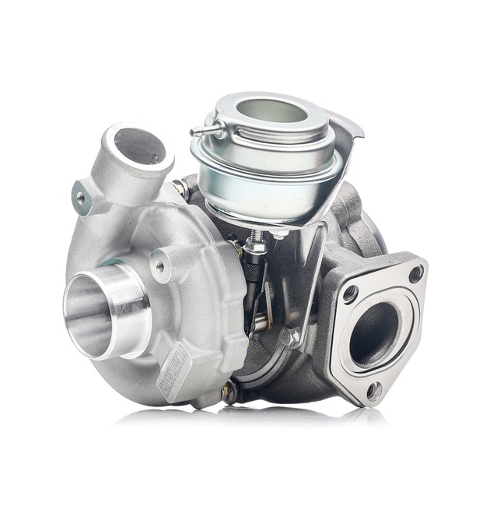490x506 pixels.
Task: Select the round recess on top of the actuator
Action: pos(271,111)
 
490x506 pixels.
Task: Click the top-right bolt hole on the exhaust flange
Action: pos(415,273)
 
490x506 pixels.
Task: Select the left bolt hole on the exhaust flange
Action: pos(350,293)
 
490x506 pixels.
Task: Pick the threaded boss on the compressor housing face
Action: pos(160,265)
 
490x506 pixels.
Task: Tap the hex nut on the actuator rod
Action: pos(254,247)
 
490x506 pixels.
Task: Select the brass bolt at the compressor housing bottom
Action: pos(227,393)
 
